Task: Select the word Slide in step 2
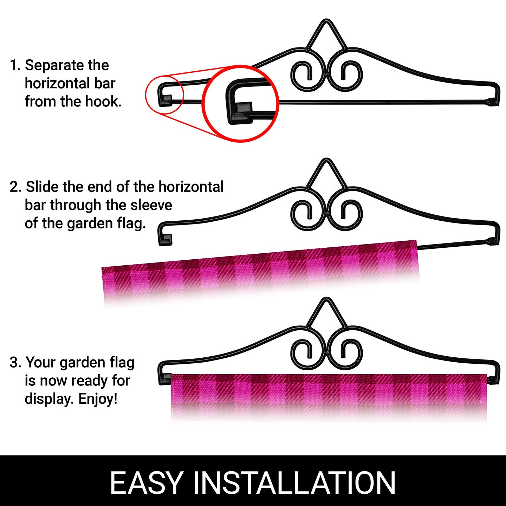pos(42,187)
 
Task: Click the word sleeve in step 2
pos(151,205)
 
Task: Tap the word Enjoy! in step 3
pos(98,399)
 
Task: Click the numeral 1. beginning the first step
pos(15,65)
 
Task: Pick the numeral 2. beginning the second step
pos(15,187)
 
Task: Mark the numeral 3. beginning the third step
pos(15,363)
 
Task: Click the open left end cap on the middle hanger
pos(166,240)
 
